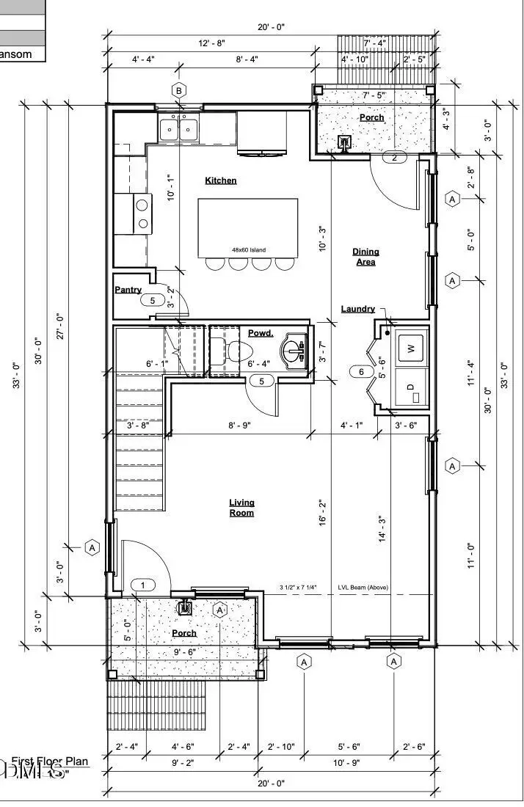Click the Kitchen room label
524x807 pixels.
click(x=220, y=180)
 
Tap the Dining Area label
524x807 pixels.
click(x=365, y=257)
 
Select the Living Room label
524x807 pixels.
click(x=241, y=508)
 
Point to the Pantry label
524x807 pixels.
click(x=128, y=290)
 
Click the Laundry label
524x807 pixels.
click(x=358, y=309)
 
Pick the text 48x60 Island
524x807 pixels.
click(x=249, y=249)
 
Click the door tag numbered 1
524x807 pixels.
click(x=143, y=585)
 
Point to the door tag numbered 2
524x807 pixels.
click(x=394, y=158)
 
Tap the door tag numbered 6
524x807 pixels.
click(x=360, y=372)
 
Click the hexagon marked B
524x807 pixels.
click(x=178, y=90)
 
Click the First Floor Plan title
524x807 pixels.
click(x=50, y=761)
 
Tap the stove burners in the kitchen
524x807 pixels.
click(x=142, y=214)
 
